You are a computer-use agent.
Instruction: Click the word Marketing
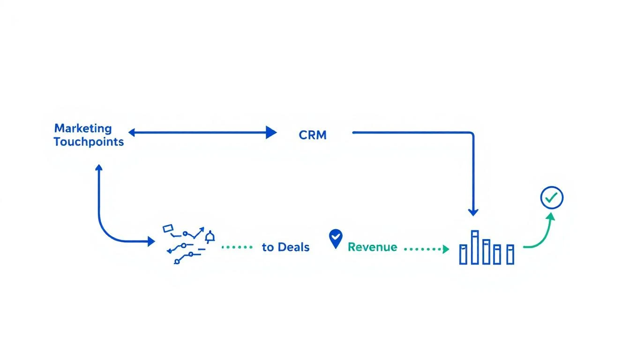click(x=83, y=128)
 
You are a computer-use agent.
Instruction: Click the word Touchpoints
click(x=89, y=142)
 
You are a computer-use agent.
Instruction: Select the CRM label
click(x=312, y=135)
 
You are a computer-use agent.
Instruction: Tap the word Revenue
click(x=372, y=247)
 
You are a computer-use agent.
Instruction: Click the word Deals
click(x=293, y=247)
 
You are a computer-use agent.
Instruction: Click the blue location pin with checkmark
click(x=336, y=238)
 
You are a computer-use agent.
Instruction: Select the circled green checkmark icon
click(x=552, y=198)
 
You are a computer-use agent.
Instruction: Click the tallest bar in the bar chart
click(x=474, y=247)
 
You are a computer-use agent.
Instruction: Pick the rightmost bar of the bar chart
click(x=510, y=254)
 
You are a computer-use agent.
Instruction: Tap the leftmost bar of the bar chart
click(x=463, y=254)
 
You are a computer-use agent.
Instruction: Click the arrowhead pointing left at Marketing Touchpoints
click(x=132, y=133)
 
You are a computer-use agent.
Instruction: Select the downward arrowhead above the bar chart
click(x=473, y=212)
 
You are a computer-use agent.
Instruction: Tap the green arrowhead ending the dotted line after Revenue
click(x=446, y=249)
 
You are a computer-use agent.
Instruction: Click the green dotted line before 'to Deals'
click(x=237, y=247)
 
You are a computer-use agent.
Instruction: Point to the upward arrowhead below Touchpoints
click(x=98, y=168)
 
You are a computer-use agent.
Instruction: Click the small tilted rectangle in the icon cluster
click(x=168, y=228)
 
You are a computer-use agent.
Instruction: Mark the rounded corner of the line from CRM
click(x=472, y=135)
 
